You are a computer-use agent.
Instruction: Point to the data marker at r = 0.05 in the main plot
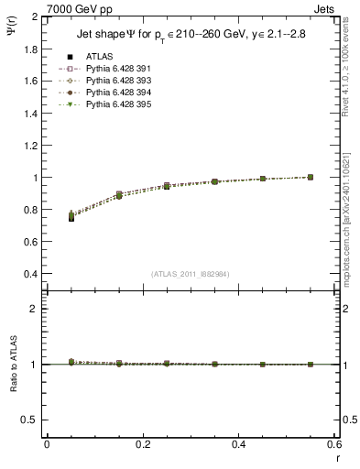(71, 217)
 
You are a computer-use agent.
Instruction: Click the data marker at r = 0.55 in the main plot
(310, 177)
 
